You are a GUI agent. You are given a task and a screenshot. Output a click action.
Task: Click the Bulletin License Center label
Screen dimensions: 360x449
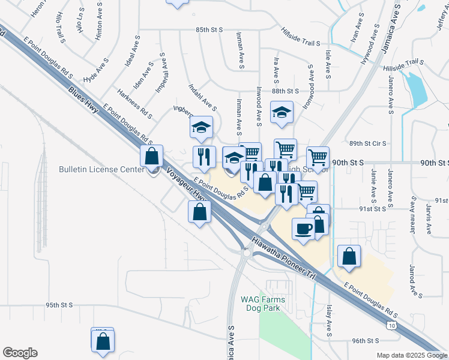point(102,169)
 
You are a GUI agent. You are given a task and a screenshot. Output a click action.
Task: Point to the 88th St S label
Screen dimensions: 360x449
point(285,91)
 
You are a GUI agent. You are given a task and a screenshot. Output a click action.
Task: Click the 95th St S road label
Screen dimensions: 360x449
point(59,305)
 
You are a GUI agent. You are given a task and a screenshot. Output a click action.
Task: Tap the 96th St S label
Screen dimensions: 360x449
point(367,340)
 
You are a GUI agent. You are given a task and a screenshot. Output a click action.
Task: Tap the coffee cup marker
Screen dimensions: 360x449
point(303,228)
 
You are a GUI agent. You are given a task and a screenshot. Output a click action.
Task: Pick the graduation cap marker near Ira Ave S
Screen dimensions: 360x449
point(281,112)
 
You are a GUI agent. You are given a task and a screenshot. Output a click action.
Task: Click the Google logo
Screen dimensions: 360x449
point(20,352)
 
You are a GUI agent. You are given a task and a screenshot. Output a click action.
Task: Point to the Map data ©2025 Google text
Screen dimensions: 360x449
point(411,355)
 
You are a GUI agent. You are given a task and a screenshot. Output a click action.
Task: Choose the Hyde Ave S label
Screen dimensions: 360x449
point(96,70)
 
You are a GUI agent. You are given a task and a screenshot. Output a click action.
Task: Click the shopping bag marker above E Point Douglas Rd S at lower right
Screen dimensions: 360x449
point(349,256)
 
